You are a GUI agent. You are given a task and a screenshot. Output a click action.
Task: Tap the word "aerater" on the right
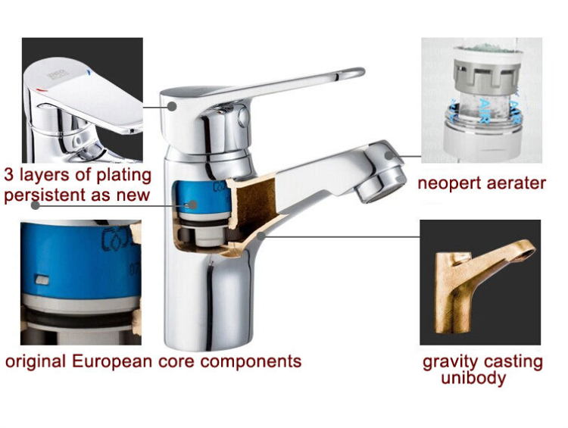(x=517, y=184)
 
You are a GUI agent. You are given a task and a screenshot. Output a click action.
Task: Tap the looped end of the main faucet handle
(x=351, y=75)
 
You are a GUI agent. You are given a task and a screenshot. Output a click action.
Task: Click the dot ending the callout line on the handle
(x=173, y=107)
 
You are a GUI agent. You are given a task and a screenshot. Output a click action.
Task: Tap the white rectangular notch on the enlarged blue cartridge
(x=42, y=281)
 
